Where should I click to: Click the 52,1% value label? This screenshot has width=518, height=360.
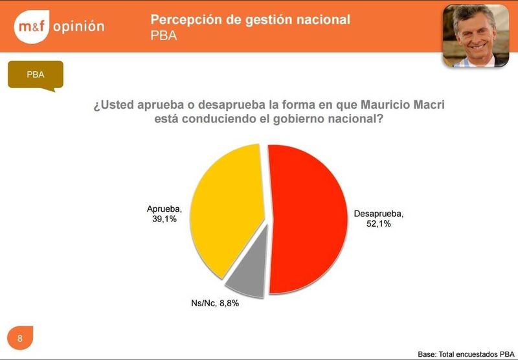[x=379, y=223]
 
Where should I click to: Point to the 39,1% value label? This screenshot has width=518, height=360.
[x=164, y=219]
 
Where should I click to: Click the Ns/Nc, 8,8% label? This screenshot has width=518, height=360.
[x=215, y=303]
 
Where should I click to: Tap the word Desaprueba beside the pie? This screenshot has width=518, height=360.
[x=379, y=214]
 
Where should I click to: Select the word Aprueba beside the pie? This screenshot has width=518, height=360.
[x=164, y=208]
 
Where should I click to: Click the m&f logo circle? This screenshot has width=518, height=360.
[x=32, y=27]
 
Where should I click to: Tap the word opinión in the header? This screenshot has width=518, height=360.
[x=78, y=27]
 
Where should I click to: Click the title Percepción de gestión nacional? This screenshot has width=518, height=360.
[x=250, y=19]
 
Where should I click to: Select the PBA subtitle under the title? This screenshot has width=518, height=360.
[x=164, y=36]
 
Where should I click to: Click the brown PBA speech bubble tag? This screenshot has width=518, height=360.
[x=36, y=75]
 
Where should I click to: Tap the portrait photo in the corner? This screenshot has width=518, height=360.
[x=476, y=36]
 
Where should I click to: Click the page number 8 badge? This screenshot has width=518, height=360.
[x=20, y=338]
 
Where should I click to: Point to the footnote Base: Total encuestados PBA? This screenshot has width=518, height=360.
[x=466, y=354]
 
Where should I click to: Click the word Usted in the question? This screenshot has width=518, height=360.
[x=117, y=105]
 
